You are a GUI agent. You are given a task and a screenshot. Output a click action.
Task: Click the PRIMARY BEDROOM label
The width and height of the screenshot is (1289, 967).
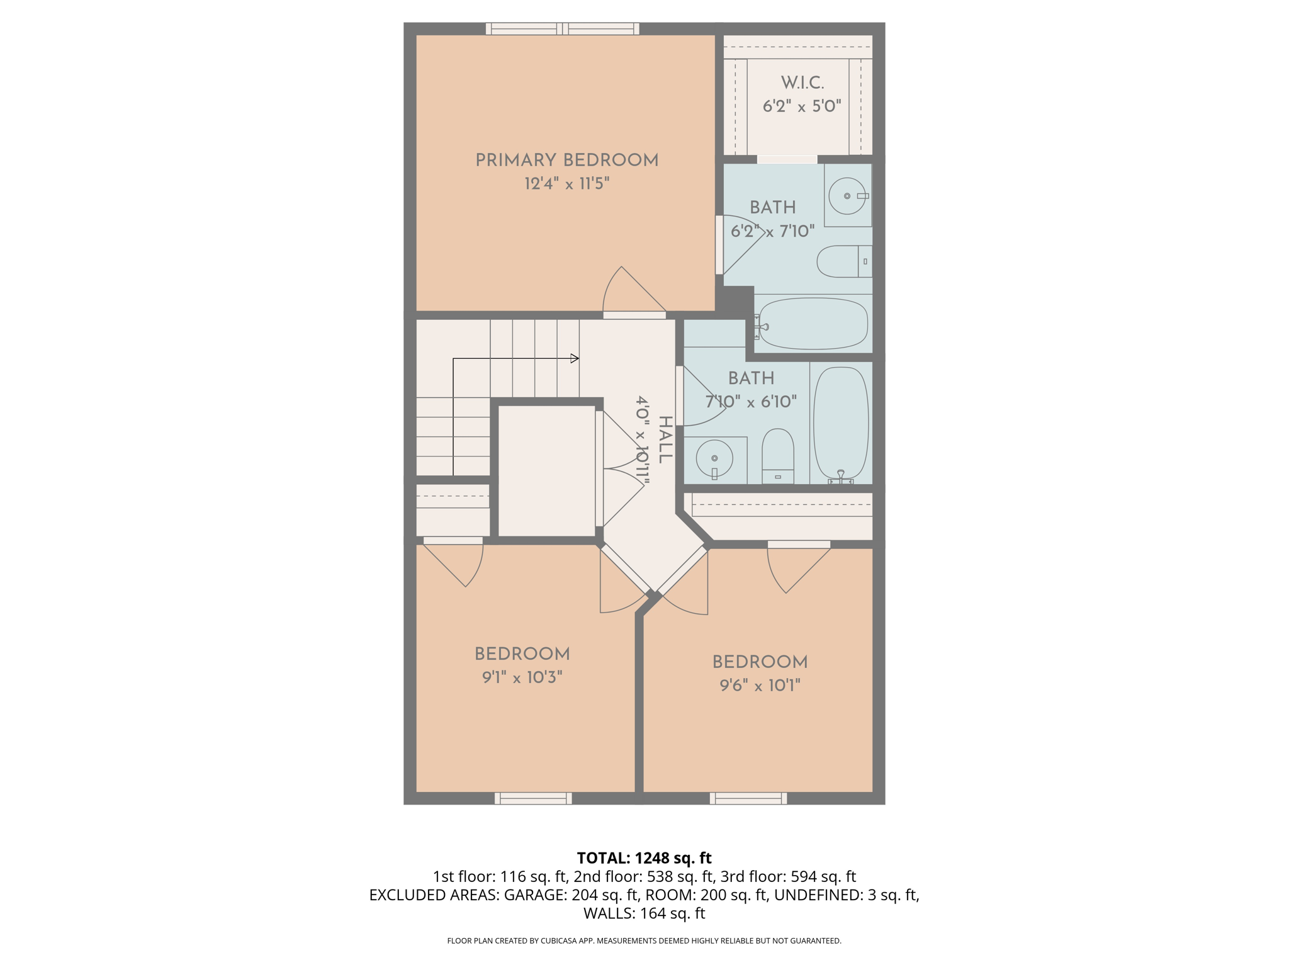point(566,160)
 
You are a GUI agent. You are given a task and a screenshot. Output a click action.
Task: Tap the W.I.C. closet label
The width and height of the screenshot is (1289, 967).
point(802,82)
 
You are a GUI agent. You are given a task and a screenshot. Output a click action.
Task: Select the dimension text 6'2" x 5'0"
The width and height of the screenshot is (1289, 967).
point(802,106)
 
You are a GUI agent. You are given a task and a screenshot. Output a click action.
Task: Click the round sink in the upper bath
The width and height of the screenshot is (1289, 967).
point(847,196)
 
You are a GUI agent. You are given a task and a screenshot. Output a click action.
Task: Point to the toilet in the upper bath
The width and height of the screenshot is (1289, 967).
point(843,261)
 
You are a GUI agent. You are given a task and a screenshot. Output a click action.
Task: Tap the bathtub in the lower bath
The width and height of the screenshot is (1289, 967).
point(841,423)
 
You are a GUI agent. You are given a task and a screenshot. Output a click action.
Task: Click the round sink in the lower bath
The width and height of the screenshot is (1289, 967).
point(714,458)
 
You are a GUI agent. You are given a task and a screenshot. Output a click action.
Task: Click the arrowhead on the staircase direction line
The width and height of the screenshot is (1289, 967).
point(574,358)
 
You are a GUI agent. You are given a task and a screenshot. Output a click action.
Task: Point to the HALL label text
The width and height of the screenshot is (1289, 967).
point(665,439)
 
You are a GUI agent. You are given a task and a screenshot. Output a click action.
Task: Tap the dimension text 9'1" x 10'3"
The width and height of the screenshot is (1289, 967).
point(522,677)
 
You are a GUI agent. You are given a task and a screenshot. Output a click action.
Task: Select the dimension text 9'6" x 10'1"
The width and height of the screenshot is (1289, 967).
point(760,685)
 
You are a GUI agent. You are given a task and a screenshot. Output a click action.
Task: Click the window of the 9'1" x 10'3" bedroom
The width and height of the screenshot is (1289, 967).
point(533,798)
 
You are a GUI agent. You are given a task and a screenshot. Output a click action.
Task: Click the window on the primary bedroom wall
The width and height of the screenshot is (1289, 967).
point(562,28)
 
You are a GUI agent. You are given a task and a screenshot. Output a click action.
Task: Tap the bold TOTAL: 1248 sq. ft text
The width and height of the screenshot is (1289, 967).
point(644,857)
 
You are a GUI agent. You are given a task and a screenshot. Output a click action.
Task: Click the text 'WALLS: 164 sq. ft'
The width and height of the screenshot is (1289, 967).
point(644,913)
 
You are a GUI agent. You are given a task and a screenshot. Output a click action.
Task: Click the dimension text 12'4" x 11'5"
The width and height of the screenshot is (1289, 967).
point(566,184)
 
